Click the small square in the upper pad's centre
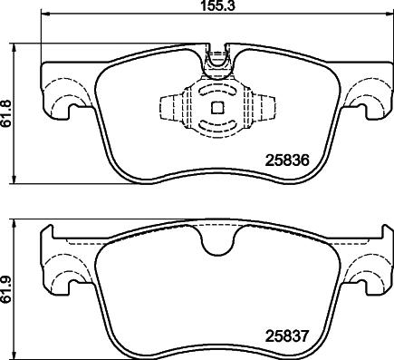[x=216, y=108]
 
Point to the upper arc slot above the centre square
[x=216, y=91]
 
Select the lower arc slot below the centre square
[x=216, y=126]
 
